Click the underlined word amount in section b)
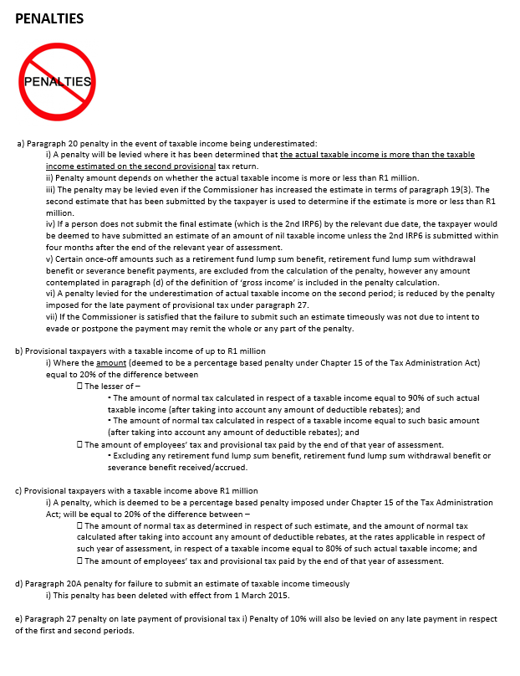pos(110,363)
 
